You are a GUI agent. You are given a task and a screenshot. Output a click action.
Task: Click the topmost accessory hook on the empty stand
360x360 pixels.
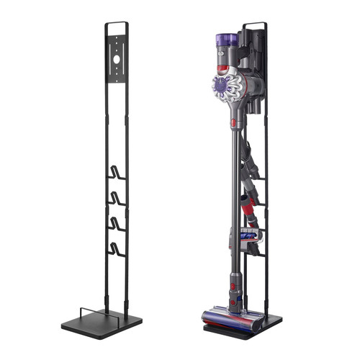tap(116, 173)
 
